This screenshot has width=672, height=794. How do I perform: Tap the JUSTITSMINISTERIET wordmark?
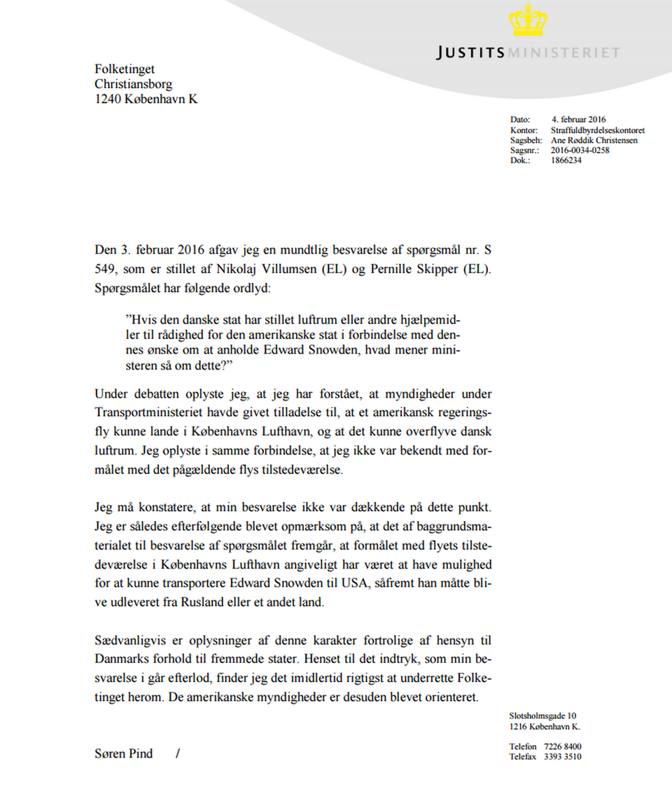coord(528,53)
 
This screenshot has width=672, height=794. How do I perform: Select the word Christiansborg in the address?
coord(134,84)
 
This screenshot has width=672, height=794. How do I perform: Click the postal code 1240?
coord(108,99)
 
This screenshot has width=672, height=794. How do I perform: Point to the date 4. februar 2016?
coord(578,120)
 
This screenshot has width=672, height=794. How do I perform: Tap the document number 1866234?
coord(566,160)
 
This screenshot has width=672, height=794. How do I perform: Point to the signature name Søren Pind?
coord(123,754)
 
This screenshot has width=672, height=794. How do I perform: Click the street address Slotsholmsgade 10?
coord(543,716)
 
